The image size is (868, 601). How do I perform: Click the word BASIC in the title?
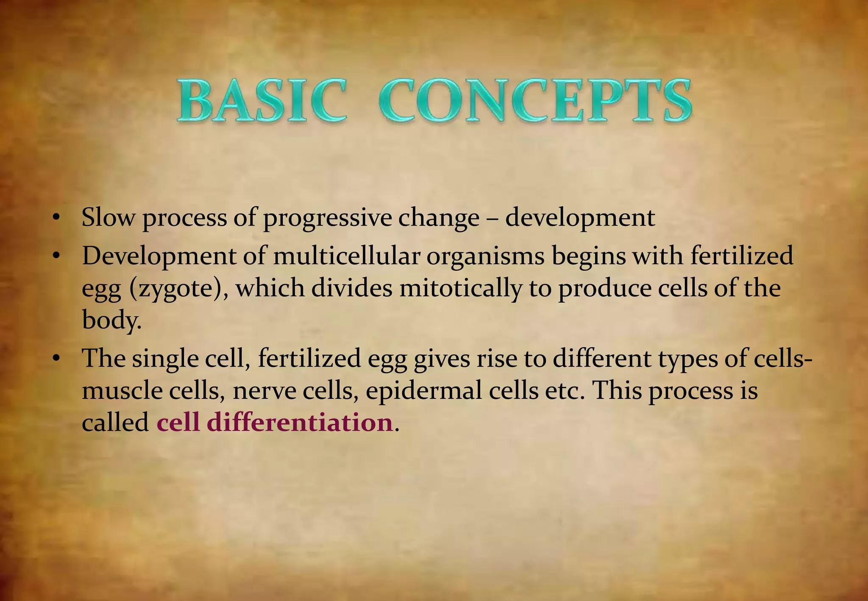pyautogui.click(x=262, y=101)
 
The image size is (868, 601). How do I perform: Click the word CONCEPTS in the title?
pyautogui.click(x=535, y=101)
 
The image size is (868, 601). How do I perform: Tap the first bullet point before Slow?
pyautogui.click(x=55, y=218)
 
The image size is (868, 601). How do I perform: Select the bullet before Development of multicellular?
pyautogui.click(x=55, y=256)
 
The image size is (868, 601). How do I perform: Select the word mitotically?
pyautogui.click(x=460, y=288)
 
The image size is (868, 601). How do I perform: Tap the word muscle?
pyautogui.click(x=122, y=391)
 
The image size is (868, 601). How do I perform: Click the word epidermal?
pyautogui.click(x=423, y=391)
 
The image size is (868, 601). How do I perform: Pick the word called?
pyautogui.click(x=115, y=423)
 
